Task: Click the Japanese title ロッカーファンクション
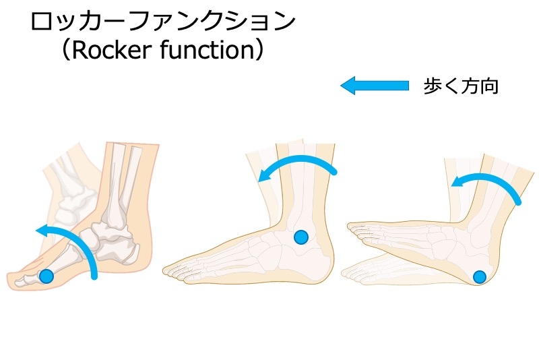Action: pos(164,22)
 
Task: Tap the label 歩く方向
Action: pos(461,86)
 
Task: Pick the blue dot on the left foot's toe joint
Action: pos(46,275)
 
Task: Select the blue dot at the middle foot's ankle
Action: pos(301,237)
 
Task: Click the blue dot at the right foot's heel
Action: pos(479,276)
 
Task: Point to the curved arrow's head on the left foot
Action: pos(42,231)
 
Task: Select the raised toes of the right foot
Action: pos(354,230)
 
